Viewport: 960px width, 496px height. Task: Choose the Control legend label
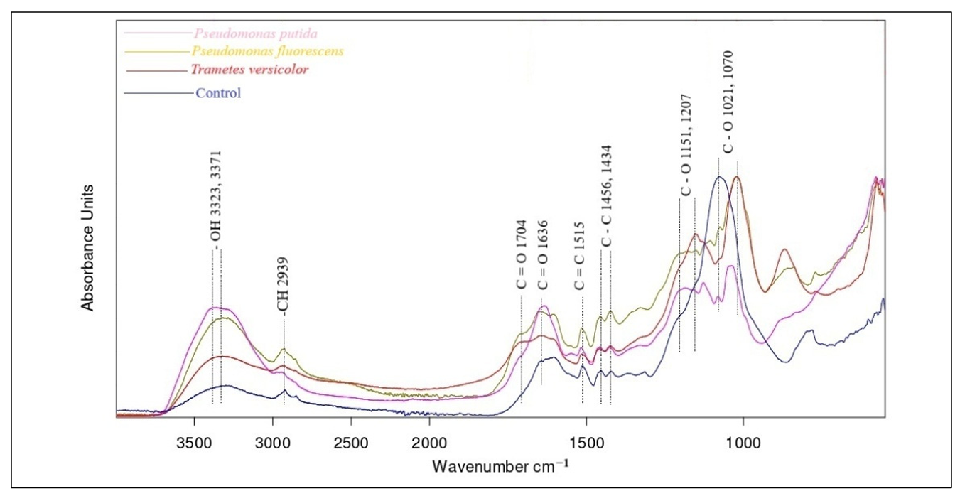(x=218, y=92)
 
